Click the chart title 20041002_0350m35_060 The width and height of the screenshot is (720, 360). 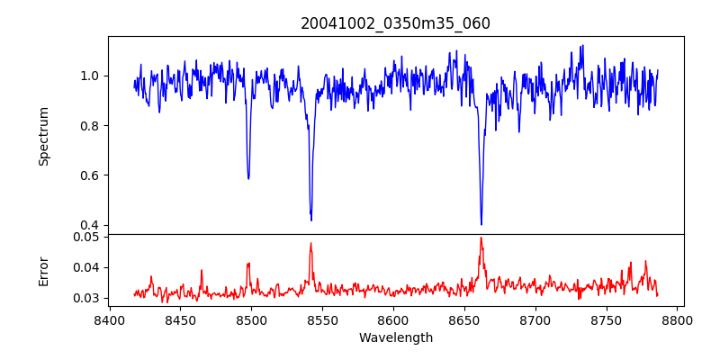click(395, 23)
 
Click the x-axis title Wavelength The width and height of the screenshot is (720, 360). click(395, 338)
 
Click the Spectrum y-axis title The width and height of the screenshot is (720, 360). click(43, 136)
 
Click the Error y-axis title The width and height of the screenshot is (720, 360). click(43, 270)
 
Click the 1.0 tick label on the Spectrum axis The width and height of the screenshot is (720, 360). click(90, 76)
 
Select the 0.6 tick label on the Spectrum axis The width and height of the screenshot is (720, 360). click(90, 175)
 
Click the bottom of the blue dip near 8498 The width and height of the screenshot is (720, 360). click(248, 178)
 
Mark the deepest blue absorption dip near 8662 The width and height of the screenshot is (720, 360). click(481, 224)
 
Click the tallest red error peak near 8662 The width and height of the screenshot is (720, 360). click(481, 238)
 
